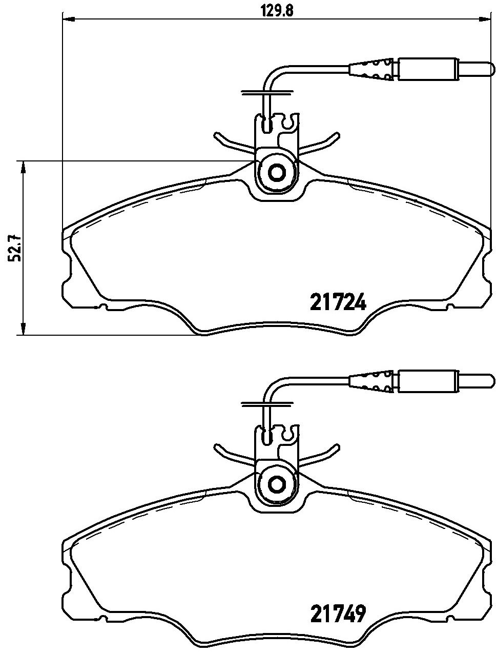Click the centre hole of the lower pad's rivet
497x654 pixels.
point(276,483)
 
